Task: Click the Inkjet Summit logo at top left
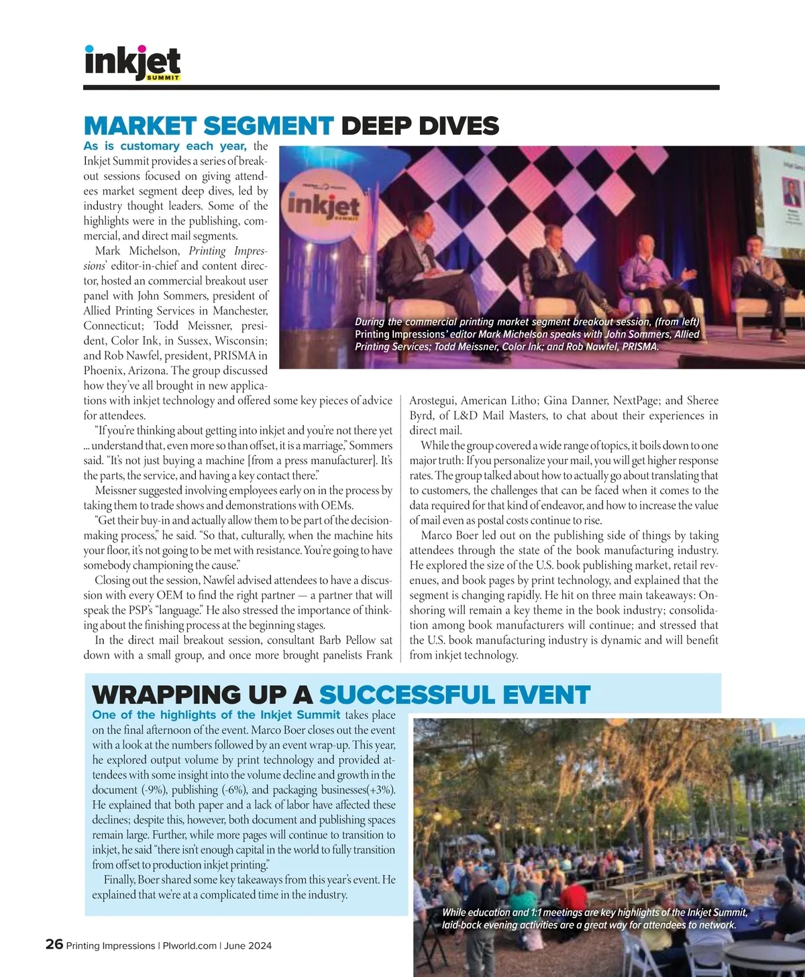(x=133, y=63)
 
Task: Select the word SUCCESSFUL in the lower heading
(x=454, y=695)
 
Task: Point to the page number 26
(x=54, y=944)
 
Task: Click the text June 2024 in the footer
(x=248, y=945)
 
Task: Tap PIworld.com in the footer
(x=189, y=945)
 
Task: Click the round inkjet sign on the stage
(x=323, y=205)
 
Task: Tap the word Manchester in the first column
(x=239, y=310)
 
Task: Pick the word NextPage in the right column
(x=637, y=400)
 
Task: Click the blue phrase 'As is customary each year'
(x=165, y=146)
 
